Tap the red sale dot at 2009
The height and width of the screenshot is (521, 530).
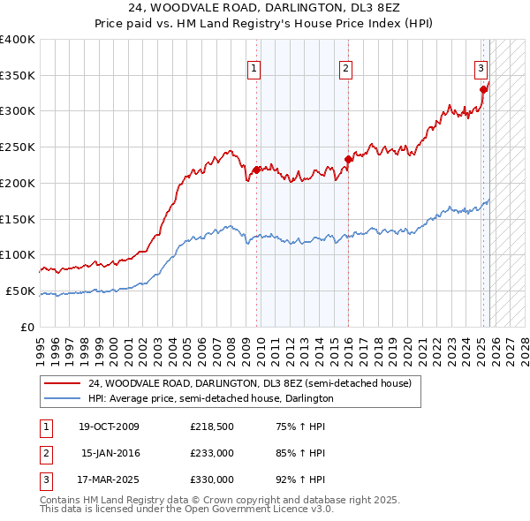[256, 169]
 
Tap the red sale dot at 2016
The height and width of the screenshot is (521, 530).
[348, 159]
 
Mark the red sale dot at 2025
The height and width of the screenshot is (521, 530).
[483, 88]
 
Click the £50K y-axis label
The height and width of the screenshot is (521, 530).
[20, 291]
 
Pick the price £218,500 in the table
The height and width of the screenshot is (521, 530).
[211, 427]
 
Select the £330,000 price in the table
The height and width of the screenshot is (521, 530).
[211, 479]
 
